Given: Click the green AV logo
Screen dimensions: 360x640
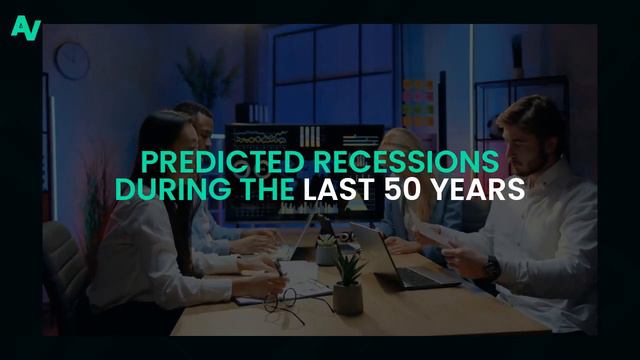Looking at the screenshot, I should tap(25, 27).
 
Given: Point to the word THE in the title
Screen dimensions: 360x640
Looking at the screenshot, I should tap(241, 188).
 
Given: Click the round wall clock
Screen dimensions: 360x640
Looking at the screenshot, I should tap(72, 60).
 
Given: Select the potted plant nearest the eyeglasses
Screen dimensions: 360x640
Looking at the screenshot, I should tap(348, 284).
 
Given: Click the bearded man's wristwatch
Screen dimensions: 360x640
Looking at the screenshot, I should tap(492, 267).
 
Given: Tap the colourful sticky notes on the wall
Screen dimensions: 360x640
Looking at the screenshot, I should tap(419, 100).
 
